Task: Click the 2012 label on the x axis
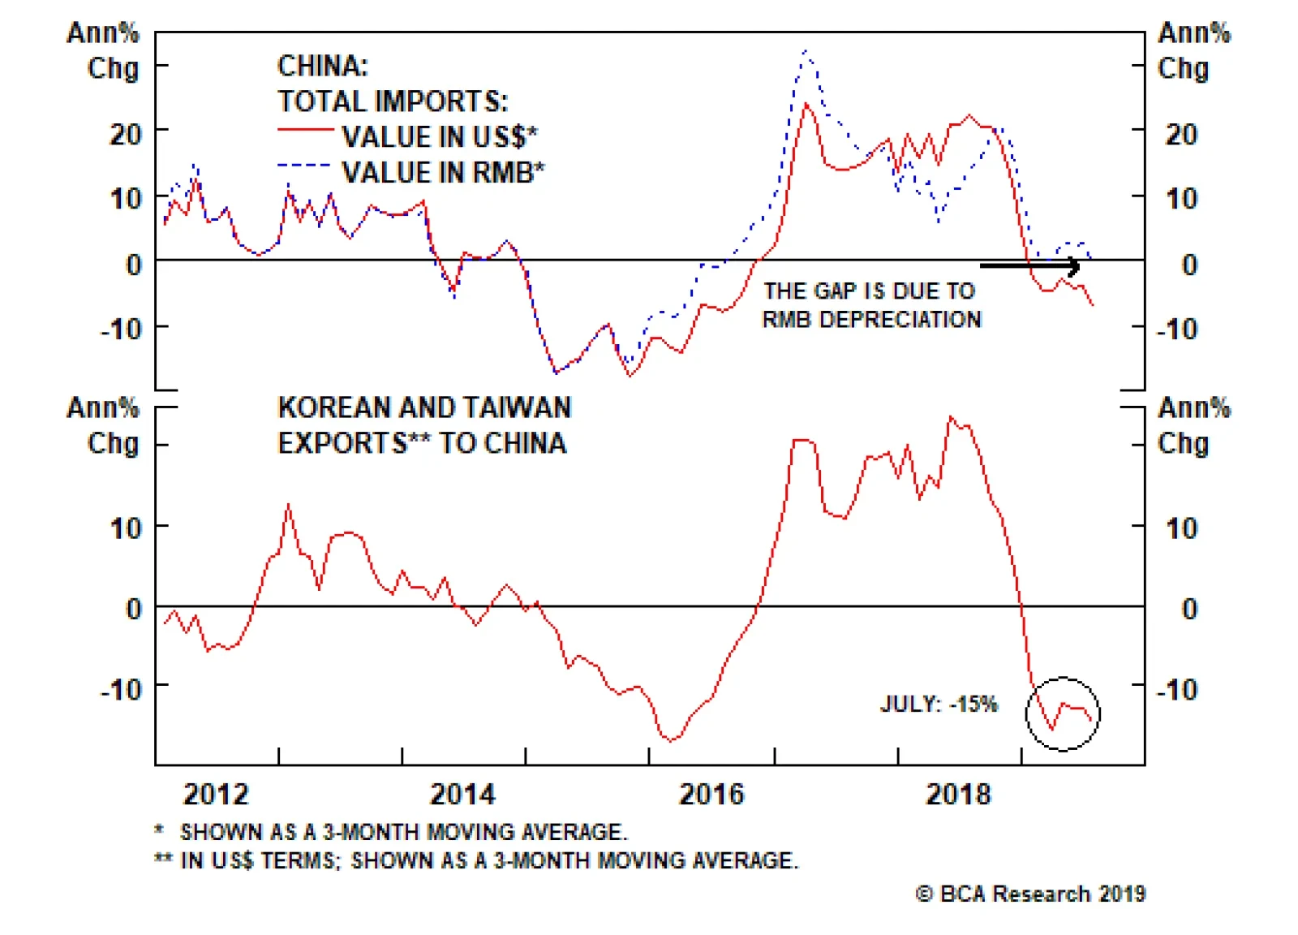tap(216, 794)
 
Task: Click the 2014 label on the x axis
tap(462, 794)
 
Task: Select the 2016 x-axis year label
tap(711, 794)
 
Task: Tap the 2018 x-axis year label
tap(958, 794)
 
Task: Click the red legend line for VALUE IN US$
tap(305, 130)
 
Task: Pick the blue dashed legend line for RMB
tap(305, 166)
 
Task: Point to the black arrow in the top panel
tap(1030, 265)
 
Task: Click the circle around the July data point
tap(1063, 714)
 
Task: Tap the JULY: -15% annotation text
tap(939, 704)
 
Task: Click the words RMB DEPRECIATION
tap(871, 320)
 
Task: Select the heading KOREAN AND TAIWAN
tap(424, 407)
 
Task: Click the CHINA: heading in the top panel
tap(323, 66)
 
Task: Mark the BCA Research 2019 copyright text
tap(1030, 894)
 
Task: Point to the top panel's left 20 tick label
tap(126, 134)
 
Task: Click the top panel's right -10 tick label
tap(1177, 330)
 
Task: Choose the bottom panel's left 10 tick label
tap(126, 528)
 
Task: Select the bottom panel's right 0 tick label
tap(1189, 609)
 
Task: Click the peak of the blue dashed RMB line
tap(806, 51)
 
